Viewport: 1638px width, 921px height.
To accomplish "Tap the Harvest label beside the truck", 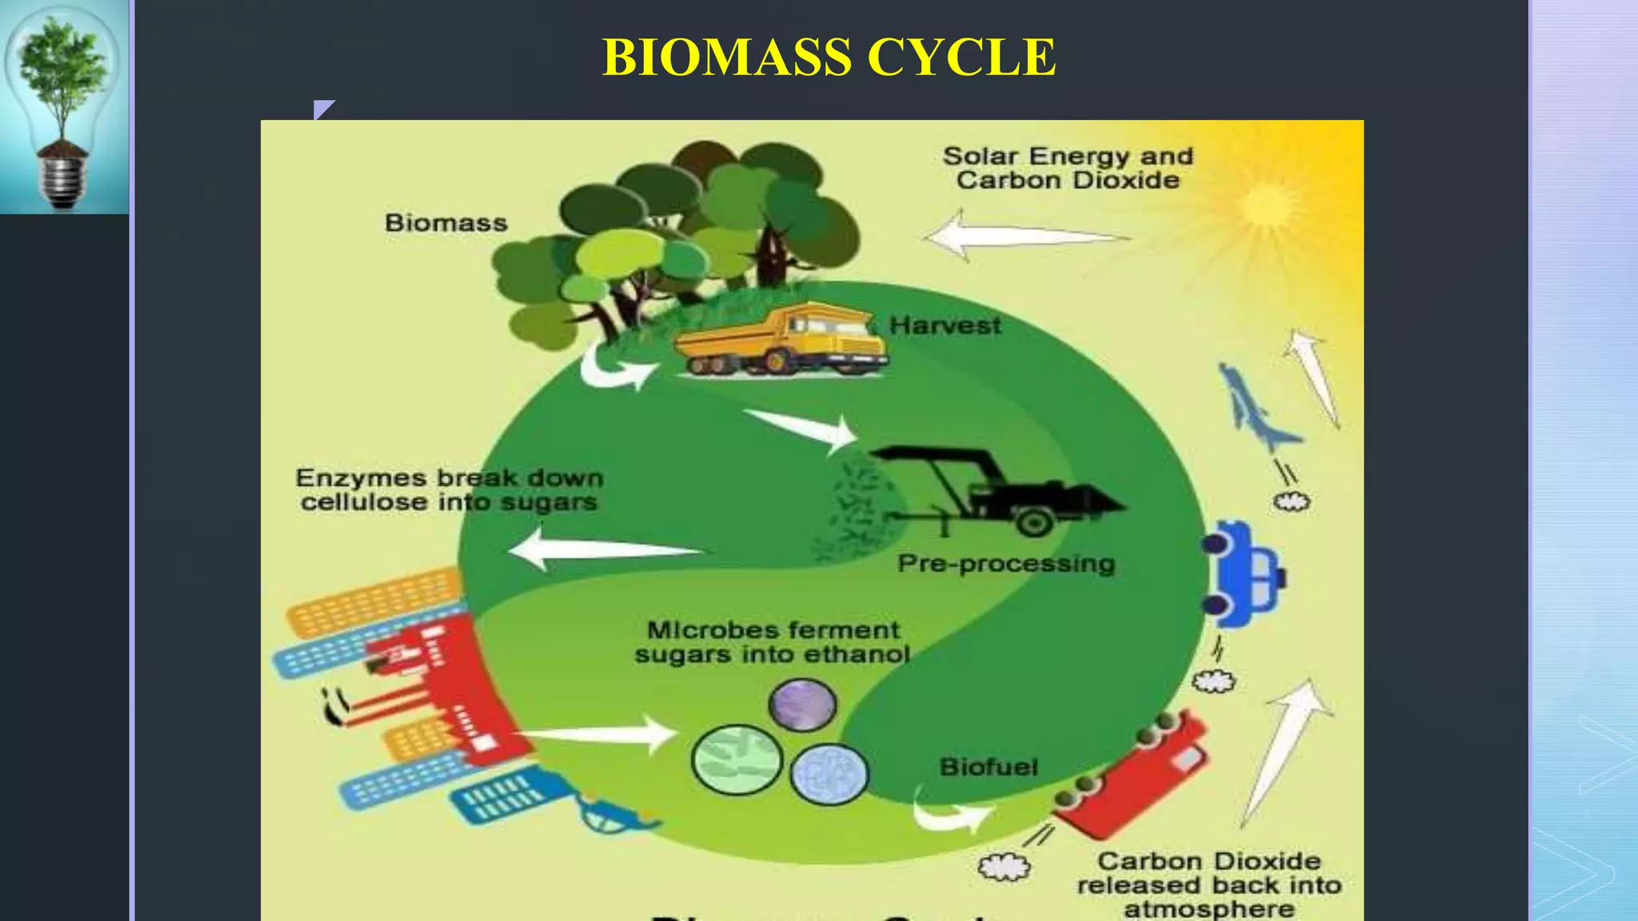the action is point(945,325).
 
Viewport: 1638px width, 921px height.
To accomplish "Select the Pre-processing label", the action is point(1005,564).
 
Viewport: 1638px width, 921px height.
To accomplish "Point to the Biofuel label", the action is point(989,767).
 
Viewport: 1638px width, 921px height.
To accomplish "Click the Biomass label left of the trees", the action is point(445,222).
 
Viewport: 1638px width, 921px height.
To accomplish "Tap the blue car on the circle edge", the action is point(1243,572).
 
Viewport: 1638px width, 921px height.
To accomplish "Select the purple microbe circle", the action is point(802,704).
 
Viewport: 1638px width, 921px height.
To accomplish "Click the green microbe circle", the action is point(737,760).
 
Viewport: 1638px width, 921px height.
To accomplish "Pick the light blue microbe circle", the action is point(829,774).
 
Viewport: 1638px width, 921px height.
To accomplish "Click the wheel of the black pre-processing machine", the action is point(1034,523).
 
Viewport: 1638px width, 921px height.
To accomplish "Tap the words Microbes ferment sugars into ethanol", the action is point(772,642).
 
